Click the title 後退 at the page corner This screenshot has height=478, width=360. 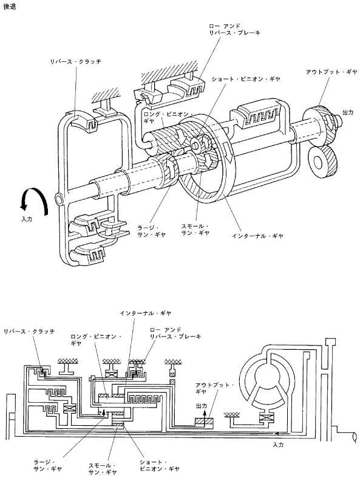(10, 7)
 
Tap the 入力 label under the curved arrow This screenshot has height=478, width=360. (27, 219)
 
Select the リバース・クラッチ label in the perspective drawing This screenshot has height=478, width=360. (76, 61)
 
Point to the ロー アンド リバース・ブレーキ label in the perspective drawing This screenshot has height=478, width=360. (234, 29)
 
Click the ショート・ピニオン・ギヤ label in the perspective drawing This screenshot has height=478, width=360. (246, 79)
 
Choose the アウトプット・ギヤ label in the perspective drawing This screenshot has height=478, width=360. (331, 72)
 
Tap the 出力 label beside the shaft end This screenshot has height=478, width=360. (348, 112)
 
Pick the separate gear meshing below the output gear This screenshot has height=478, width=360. (322, 161)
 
